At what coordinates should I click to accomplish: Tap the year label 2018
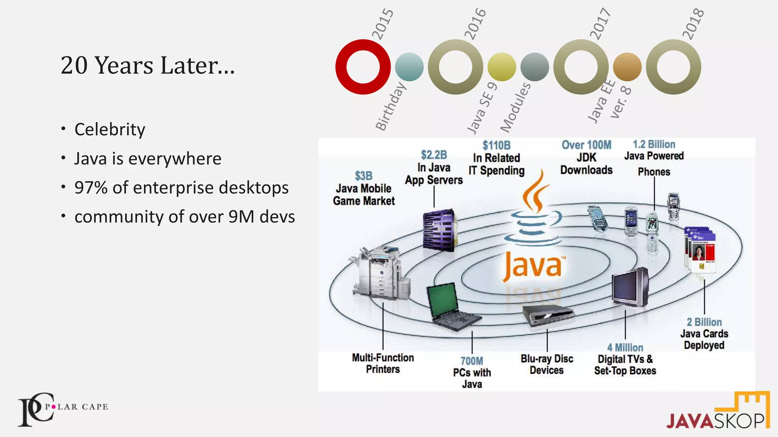pyautogui.click(x=693, y=24)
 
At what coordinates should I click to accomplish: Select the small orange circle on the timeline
pyautogui.click(x=627, y=67)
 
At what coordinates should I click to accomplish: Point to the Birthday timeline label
pyautogui.click(x=391, y=107)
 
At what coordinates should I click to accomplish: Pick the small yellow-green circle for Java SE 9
pyautogui.click(x=501, y=67)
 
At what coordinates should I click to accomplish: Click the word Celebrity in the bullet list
pyautogui.click(x=110, y=129)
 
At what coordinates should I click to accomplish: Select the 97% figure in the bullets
pyautogui.click(x=91, y=188)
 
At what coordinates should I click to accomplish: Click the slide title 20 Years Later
pyautogui.click(x=147, y=65)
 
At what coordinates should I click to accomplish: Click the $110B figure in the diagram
pyautogui.click(x=497, y=146)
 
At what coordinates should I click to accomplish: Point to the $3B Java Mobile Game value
pyautogui.click(x=364, y=176)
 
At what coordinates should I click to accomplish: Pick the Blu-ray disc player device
pyautogui.click(x=547, y=314)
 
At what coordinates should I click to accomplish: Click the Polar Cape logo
pyautogui.click(x=63, y=409)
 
